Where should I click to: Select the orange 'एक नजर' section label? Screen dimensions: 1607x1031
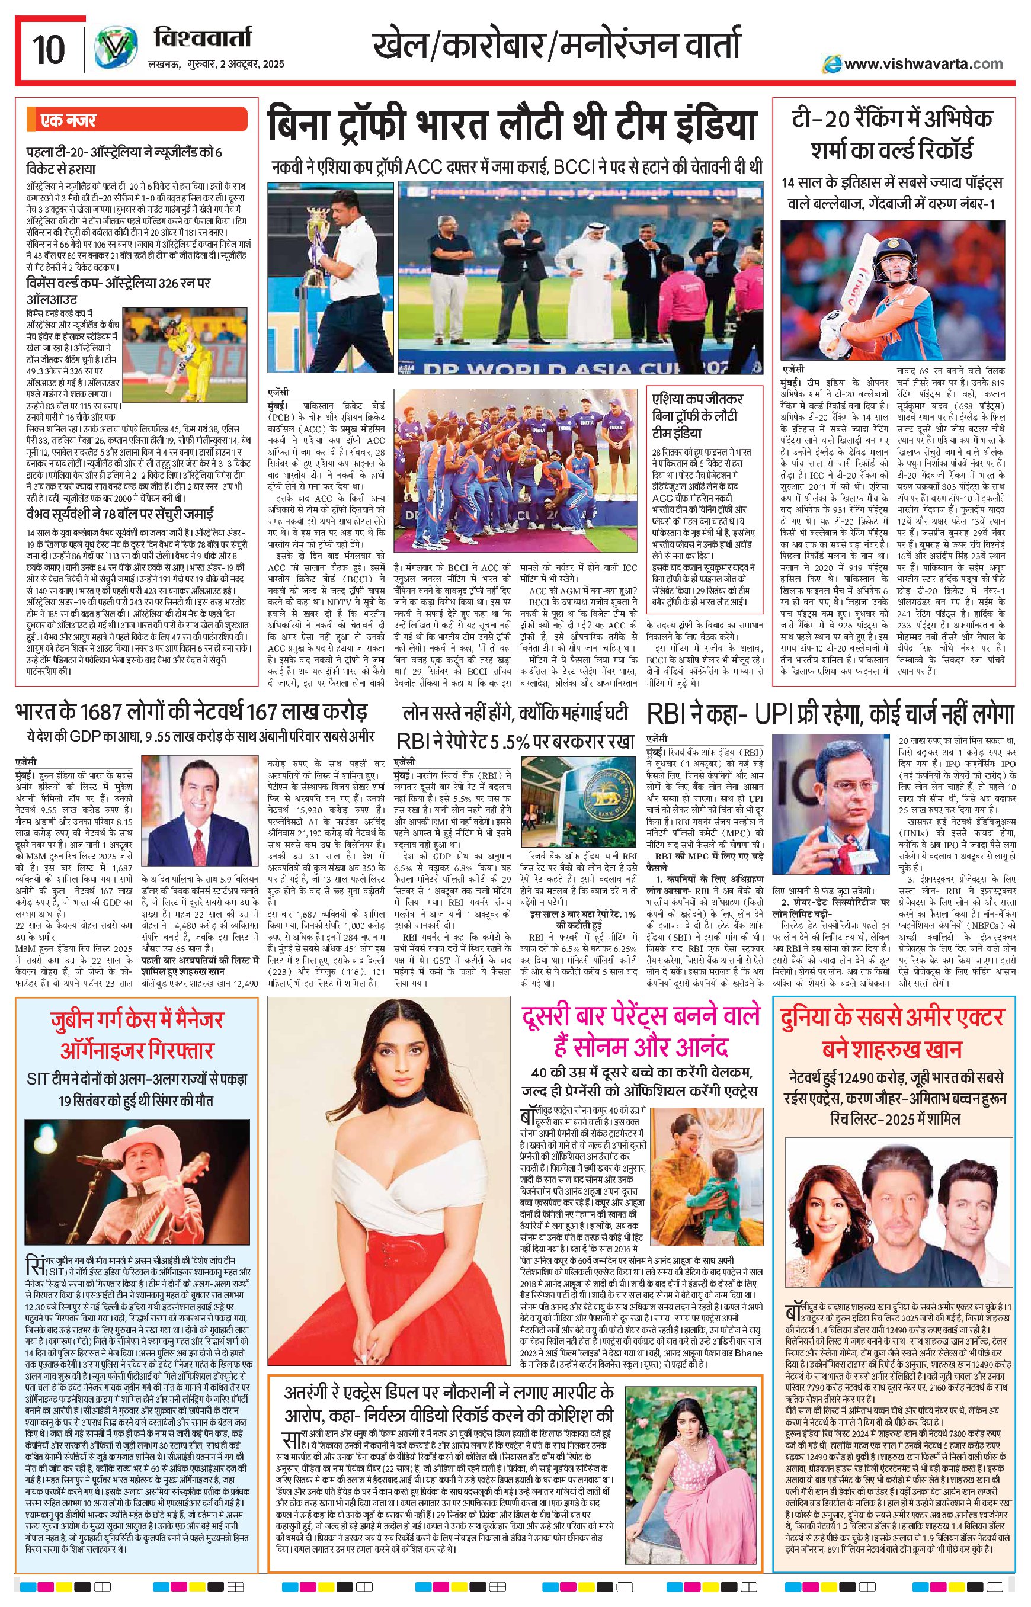click(x=68, y=120)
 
